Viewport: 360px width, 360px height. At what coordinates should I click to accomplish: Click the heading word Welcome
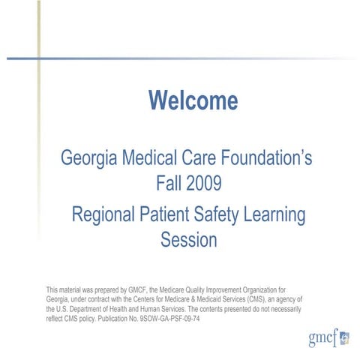(x=193, y=100)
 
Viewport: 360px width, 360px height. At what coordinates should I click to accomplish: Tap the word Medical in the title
(x=145, y=159)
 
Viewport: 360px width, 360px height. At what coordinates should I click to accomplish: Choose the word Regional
(x=103, y=215)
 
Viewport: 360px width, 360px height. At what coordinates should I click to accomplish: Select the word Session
(x=188, y=241)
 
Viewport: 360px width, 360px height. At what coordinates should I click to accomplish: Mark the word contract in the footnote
(x=97, y=298)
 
